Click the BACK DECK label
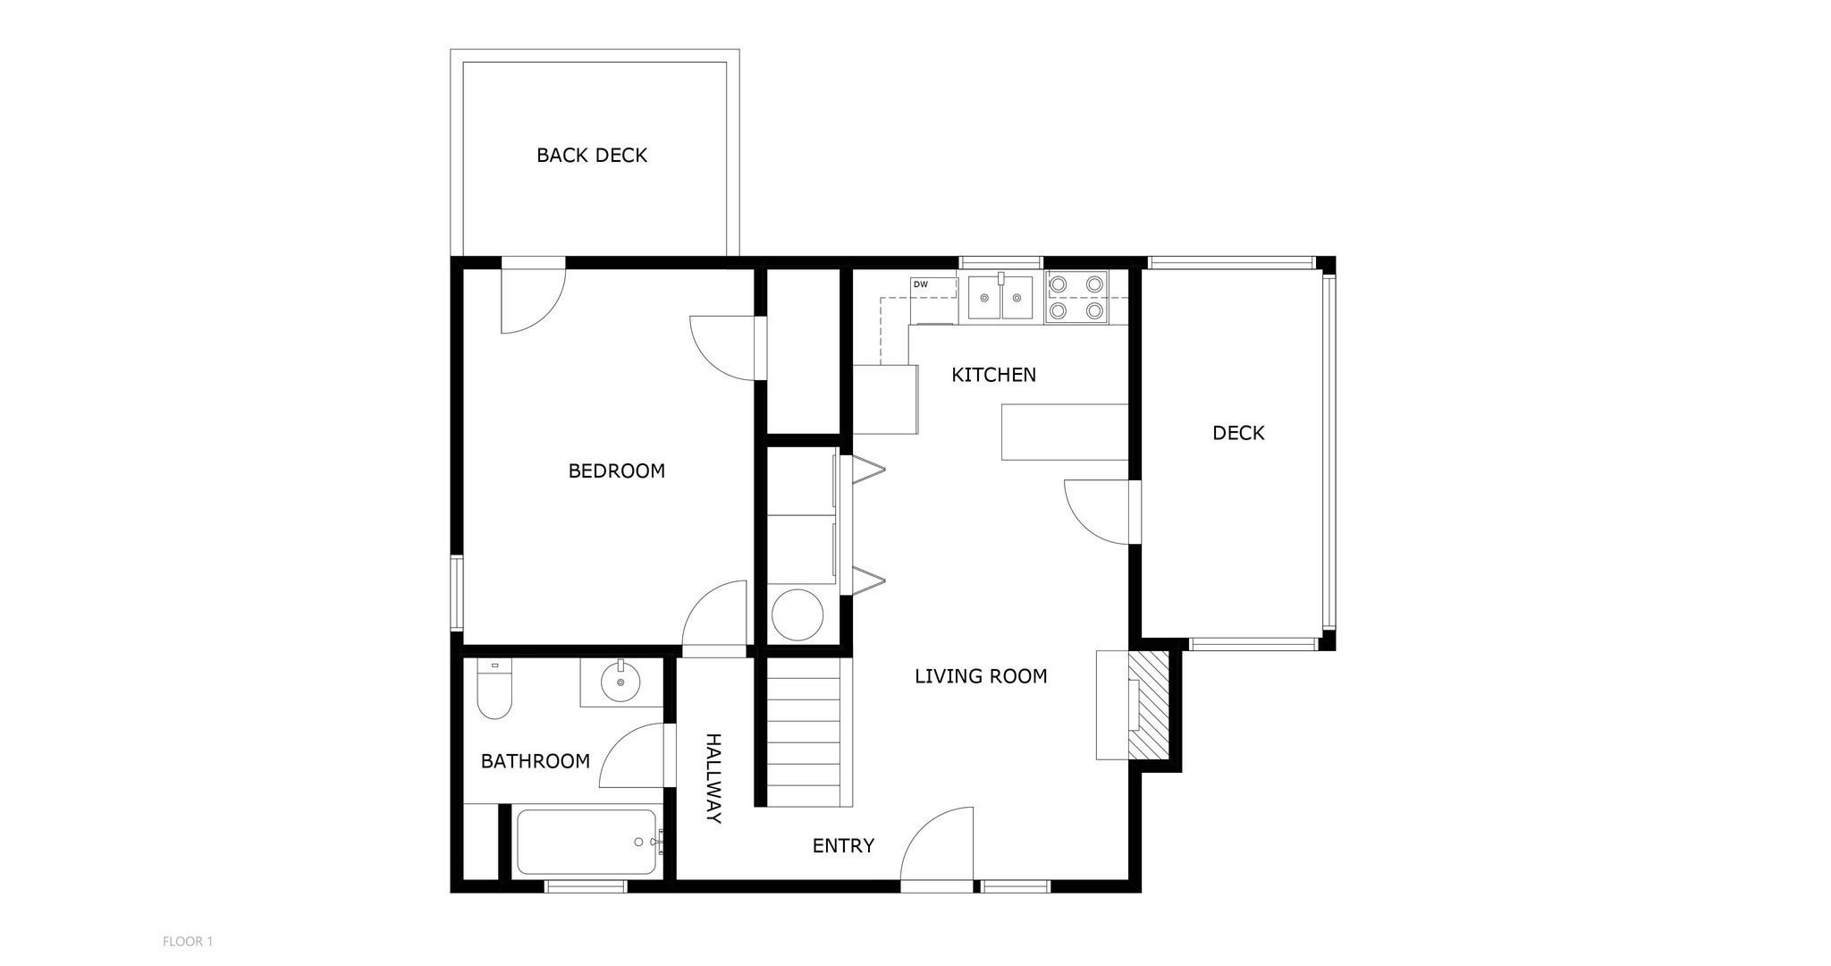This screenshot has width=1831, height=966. tap(591, 156)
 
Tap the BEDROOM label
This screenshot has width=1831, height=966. tap(617, 471)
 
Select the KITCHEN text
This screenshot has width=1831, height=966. tap(993, 375)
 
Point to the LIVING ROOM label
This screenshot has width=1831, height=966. tap(981, 676)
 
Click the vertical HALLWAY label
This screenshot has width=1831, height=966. tap(713, 778)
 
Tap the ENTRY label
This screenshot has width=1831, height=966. tap(843, 845)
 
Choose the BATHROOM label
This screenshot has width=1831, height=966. tap(536, 761)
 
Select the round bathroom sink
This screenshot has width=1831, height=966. tap(620, 682)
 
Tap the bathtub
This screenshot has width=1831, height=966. tap(587, 843)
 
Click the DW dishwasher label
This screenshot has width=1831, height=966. tap(920, 284)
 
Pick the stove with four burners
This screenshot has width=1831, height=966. tap(1076, 297)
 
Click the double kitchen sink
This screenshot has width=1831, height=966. tap(1001, 297)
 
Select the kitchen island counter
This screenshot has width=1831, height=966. tap(1065, 432)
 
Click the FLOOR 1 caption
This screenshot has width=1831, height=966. tap(188, 941)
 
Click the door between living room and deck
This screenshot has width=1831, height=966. tap(1097, 511)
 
